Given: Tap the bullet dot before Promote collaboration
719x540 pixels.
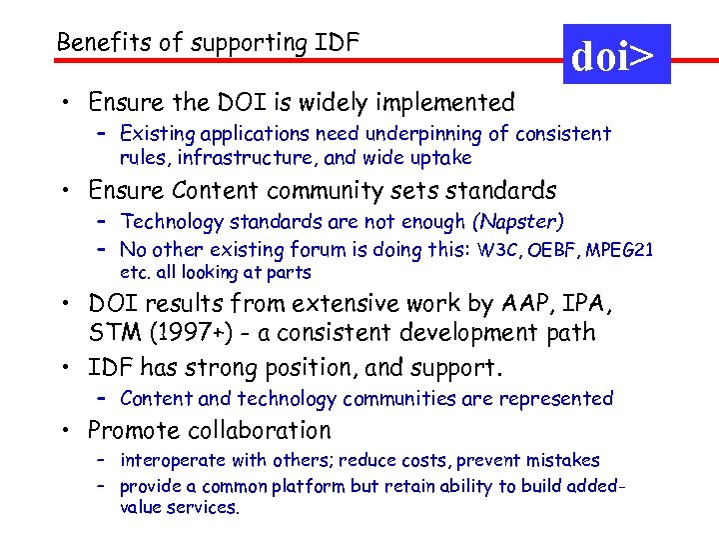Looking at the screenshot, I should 63,432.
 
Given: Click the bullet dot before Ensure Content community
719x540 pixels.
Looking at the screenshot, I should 63,191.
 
